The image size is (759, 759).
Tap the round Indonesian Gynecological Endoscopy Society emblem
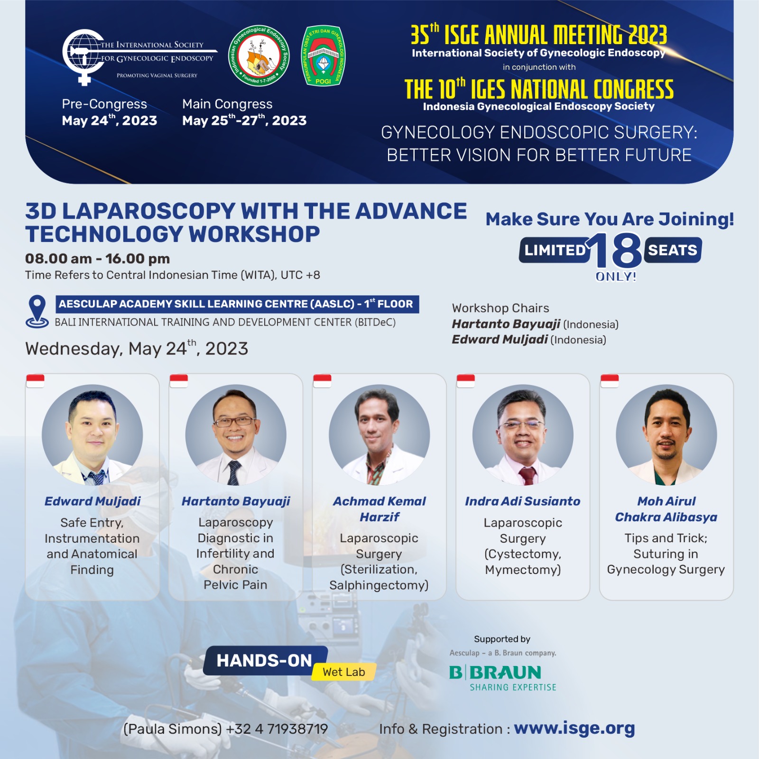pos(259,56)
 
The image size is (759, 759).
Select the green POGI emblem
pos(324,56)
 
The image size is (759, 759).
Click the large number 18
pos(615,250)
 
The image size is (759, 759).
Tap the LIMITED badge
pos(554,250)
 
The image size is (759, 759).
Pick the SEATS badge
pos(673,250)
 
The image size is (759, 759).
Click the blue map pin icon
pos(37,312)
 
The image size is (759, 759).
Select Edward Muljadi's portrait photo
pos(93,435)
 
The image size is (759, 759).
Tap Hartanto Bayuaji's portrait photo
pos(236,435)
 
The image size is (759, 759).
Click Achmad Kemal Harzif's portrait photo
pos(379,435)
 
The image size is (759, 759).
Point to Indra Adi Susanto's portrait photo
pos(523,435)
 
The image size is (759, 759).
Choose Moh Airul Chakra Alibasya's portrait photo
pos(666,435)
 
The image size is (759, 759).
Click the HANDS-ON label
pos(265,661)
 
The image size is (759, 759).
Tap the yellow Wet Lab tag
pos(344,672)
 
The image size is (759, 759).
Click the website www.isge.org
pos(574,729)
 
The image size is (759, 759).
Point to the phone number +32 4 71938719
pos(277,729)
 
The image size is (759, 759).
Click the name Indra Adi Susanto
pos(523,501)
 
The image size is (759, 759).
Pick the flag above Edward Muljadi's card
pos(35,381)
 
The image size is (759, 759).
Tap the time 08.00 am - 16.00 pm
pos(97,259)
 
